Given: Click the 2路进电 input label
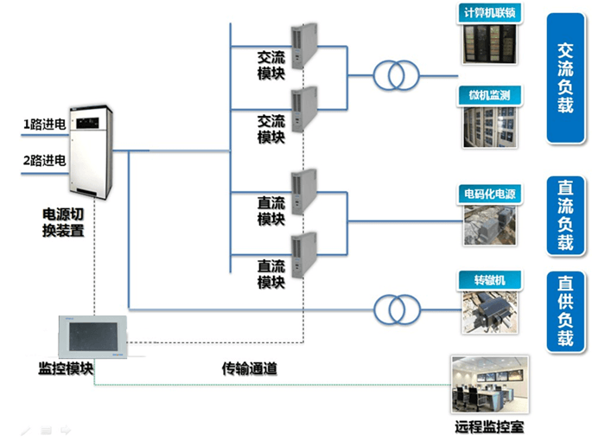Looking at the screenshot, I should point(43,159).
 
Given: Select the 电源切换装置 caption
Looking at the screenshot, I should point(63,221).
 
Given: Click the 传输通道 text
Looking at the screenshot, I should point(249,368).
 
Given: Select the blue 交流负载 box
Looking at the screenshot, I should point(565,78).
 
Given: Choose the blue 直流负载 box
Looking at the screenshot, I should point(565,215).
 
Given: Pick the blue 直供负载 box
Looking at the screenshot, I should point(565,310).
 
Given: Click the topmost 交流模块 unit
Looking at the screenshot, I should point(302,46).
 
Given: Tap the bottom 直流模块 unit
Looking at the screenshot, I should point(302,256).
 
